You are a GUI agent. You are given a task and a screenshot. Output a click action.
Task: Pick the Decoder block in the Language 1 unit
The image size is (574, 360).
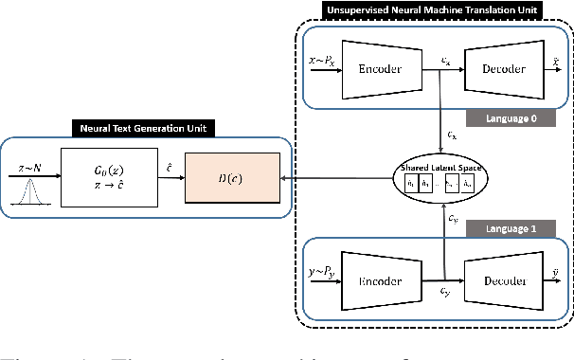click(501, 281)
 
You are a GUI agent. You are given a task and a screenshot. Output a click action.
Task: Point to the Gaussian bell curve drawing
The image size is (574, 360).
click(27, 190)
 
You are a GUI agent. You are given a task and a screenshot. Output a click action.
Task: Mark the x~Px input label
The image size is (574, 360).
click(324, 61)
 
